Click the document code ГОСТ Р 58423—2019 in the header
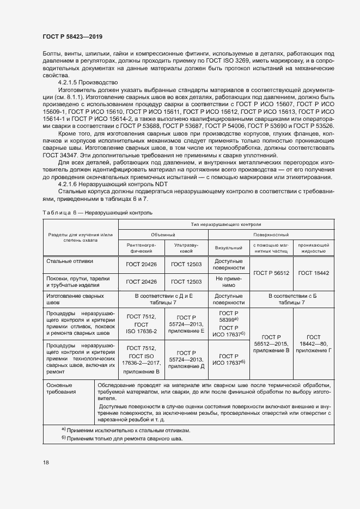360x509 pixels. tap(72, 36)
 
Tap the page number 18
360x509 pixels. tap(46, 462)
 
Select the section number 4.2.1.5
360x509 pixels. tap(70, 82)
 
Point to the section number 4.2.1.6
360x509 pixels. tap(70, 185)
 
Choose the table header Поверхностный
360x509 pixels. tap(271, 235)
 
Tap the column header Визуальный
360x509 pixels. tap(229, 248)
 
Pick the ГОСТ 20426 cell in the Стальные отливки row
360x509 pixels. tap(141, 265)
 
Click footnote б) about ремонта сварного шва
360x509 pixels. tap(122, 439)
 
